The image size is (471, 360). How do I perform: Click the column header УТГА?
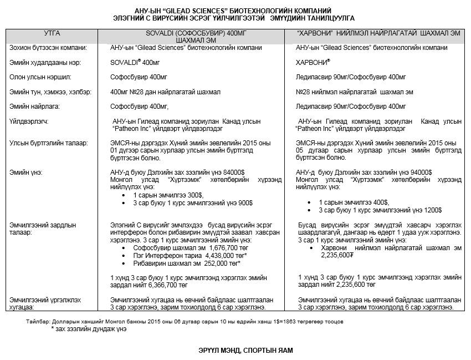coord(52,33)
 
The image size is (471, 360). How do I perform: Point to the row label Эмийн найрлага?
coord(34,105)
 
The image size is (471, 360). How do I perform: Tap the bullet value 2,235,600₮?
coord(337,255)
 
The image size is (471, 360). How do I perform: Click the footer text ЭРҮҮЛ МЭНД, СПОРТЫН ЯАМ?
coord(235,351)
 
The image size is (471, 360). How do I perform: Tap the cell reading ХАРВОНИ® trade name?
coord(313,62)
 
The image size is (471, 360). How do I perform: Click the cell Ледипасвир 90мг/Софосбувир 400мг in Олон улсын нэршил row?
coord(351,77)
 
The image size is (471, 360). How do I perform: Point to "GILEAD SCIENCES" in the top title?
coord(188,11)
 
